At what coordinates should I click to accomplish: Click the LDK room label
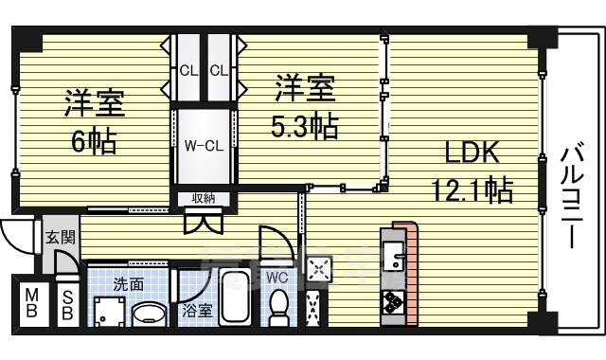tap(464, 153)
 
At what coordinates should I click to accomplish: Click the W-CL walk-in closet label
tap(203, 146)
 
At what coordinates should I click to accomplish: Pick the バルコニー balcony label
tap(571, 195)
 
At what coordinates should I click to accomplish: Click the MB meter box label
tap(30, 303)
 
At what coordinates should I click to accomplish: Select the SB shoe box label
tap(67, 303)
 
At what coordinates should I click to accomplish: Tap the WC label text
tap(276, 278)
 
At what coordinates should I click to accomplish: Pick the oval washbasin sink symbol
tap(148, 314)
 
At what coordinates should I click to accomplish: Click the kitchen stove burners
tap(393, 302)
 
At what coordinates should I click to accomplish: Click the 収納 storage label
tap(203, 198)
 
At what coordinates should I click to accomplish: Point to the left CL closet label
tap(188, 70)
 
